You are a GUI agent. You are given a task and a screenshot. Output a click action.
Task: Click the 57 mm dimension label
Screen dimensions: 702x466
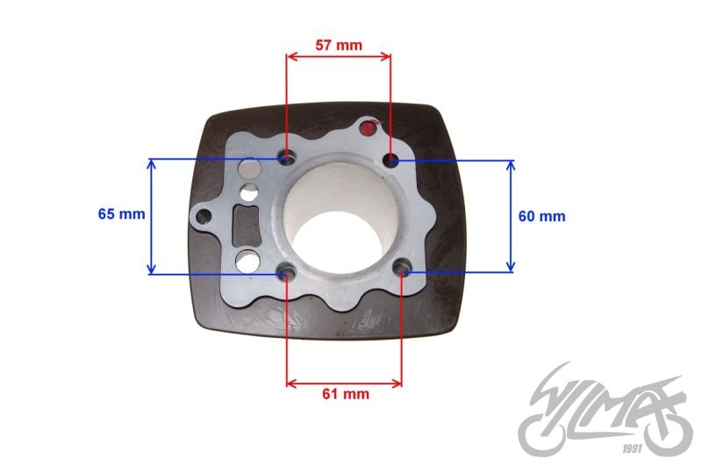339,46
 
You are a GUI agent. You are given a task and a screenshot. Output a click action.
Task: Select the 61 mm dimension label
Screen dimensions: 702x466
346,394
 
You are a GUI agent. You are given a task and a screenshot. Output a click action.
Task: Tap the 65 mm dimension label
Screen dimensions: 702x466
121,214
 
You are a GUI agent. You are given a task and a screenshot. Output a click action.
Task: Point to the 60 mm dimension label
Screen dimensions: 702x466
541,216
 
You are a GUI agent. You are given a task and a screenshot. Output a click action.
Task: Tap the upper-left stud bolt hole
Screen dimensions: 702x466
288,158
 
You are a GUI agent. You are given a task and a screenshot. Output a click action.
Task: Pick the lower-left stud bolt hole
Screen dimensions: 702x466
287,271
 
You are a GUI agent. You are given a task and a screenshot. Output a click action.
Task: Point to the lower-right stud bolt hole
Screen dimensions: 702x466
402,269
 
